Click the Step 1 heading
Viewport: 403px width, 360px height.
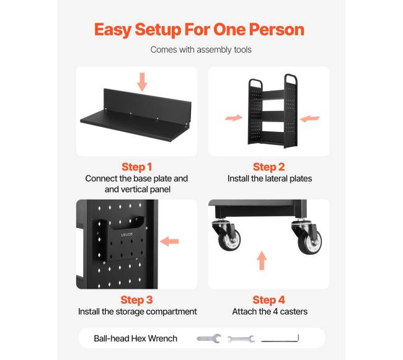pyautogui.click(x=137, y=167)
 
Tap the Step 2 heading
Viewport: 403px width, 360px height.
pyautogui.click(x=269, y=167)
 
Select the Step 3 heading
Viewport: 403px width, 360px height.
pyautogui.click(x=137, y=300)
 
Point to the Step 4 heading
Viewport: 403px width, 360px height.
pyautogui.click(x=269, y=300)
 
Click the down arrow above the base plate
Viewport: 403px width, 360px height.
pyautogui.click(x=142, y=82)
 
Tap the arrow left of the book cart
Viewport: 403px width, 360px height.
pyautogui.click(x=234, y=118)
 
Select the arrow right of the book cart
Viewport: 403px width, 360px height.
pyautogui.click(x=310, y=118)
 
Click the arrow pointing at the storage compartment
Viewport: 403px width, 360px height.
pyautogui.click(x=169, y=242)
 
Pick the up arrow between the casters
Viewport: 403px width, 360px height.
pyautogui.click(x=262, y=260)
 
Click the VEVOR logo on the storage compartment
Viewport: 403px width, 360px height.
pyautogui.click(x=126, y=235)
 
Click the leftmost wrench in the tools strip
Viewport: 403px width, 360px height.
pyautogui.click(x=209, y=339)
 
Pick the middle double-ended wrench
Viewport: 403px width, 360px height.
pyautogui.click(x=241, y=339)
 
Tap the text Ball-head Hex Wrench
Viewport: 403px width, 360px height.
pyautogui.click(x=135, y=338)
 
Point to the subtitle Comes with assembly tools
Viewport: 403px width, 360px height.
pyautogui.click(x=201, y=50)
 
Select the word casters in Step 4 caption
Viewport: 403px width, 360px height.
pyautogui.click(x=294, y=312)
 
